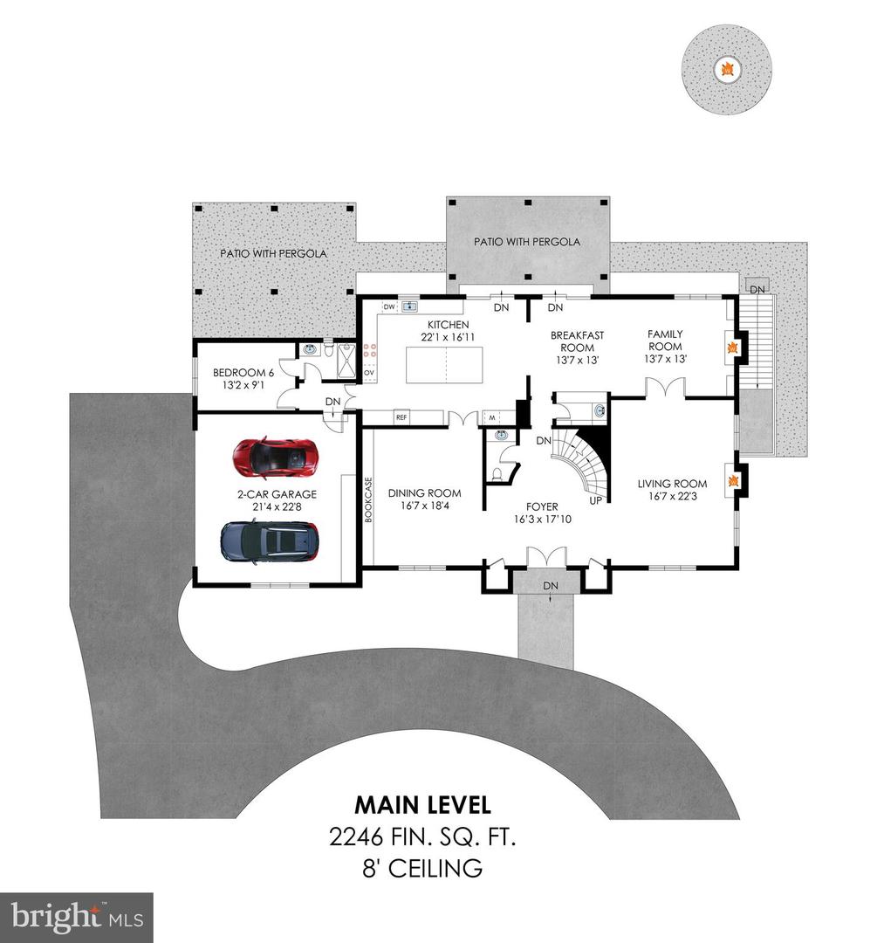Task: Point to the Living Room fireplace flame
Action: tap(734, 481)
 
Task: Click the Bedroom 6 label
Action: tap(243, 373)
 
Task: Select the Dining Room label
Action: tap(424, 493)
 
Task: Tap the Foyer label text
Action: tap(541, 506)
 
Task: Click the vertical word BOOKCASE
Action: tap(368, 499)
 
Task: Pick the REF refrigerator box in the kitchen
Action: tap(401, 417)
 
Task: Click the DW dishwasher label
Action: tap(388, 306)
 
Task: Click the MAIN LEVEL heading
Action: tap(422, 804)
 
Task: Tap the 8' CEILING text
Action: tap(422, 869)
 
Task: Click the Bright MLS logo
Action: tap(76, 917)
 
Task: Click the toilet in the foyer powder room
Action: tap(497, 474)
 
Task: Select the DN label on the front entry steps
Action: tap(551, 585)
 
